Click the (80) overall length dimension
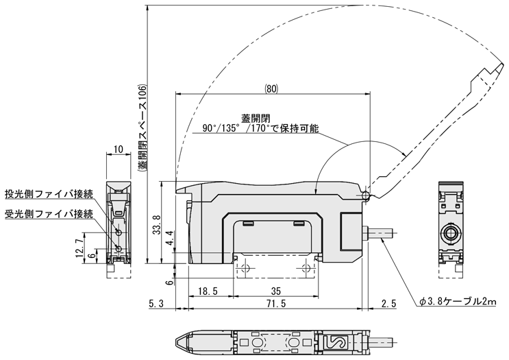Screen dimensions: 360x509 272,88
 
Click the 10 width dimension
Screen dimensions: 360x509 117,149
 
